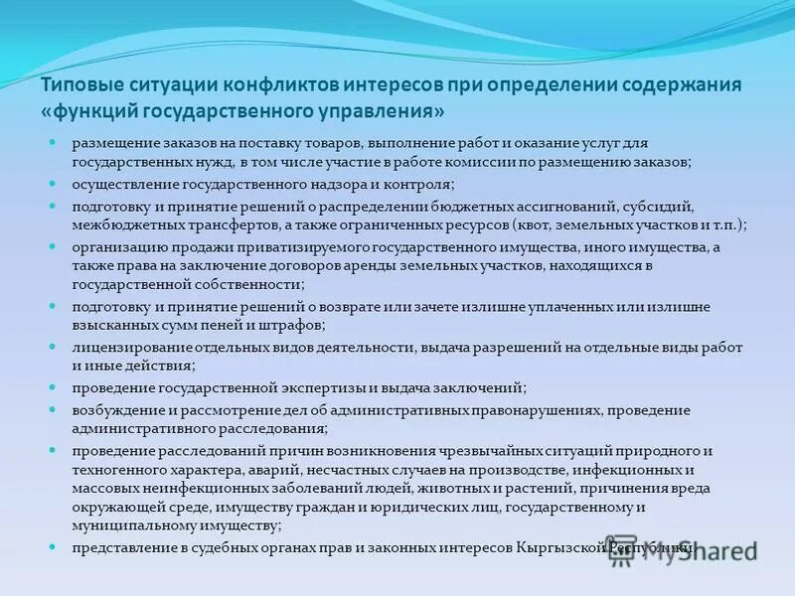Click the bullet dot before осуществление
click(53, 184)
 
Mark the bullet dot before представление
click(53, 546)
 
